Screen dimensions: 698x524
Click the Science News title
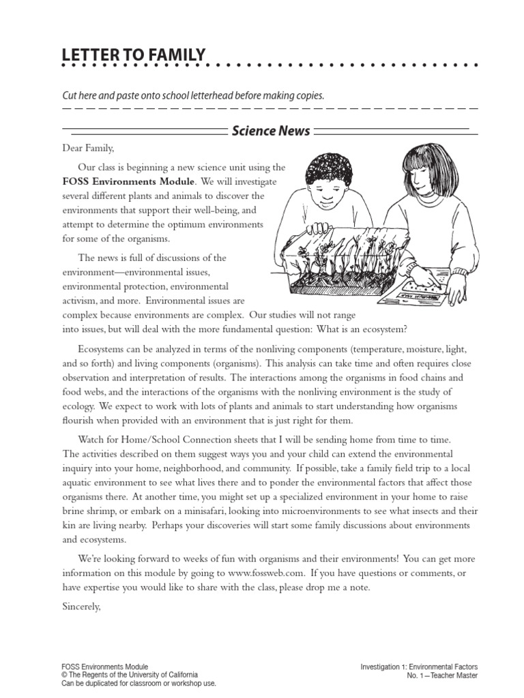[x=271, y=130]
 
